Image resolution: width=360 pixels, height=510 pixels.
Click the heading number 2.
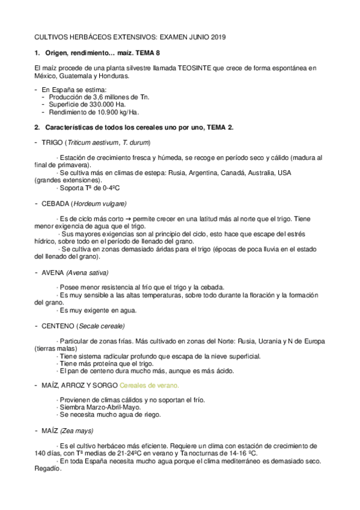(37, 127)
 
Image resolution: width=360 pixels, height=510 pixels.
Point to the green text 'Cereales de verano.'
(150, 385)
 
